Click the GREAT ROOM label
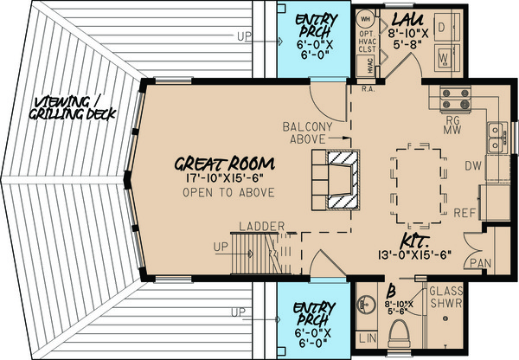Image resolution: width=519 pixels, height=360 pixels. point(224,163)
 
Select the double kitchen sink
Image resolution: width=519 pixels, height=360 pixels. point(497,132)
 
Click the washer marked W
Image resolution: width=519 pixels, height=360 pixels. point(444,59)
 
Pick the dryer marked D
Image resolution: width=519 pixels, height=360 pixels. point(444,28)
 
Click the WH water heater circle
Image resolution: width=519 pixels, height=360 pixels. point(366,19)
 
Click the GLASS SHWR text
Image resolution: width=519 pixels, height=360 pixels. point(445,296)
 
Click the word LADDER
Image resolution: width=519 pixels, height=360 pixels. point(262,227)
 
